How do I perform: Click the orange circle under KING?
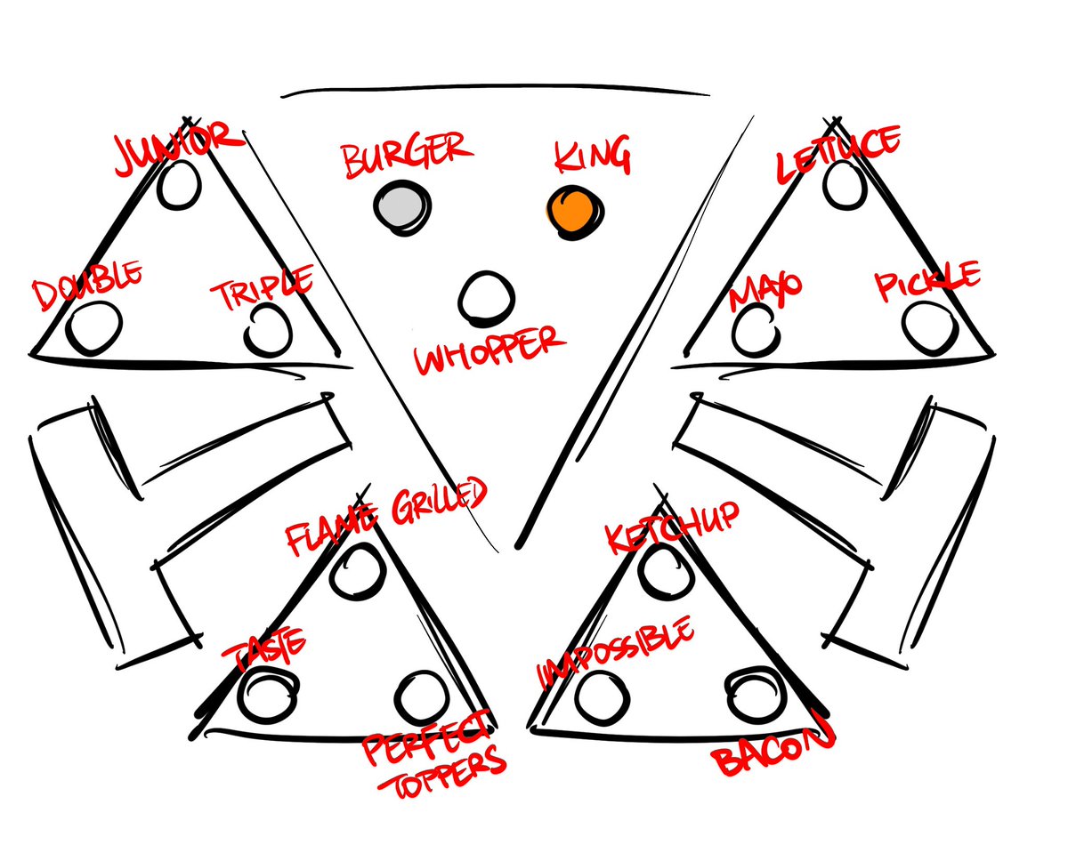572,211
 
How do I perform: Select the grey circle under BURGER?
399,207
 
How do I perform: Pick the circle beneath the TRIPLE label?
265,329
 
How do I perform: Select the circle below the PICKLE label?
926,326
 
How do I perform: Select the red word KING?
593,158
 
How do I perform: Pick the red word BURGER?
407,153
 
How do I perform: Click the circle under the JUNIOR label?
180,185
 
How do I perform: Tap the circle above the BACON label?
754,693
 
